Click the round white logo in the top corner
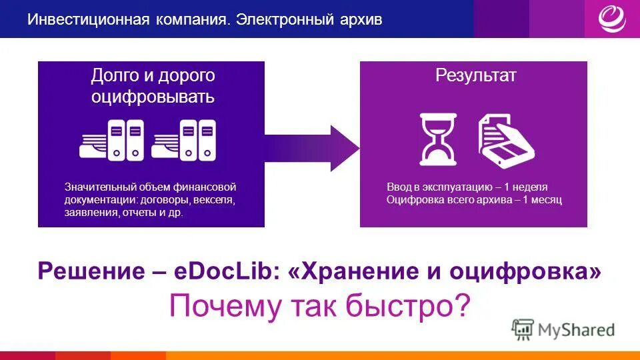pos(611,19)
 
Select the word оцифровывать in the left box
pos(153,97)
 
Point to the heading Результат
pos(475,76)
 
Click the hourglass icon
pos(438,139)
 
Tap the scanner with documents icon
pos(506,140)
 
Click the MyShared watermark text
pos(577,329)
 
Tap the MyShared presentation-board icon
pos(523,329)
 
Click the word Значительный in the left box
pos(99,187)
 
